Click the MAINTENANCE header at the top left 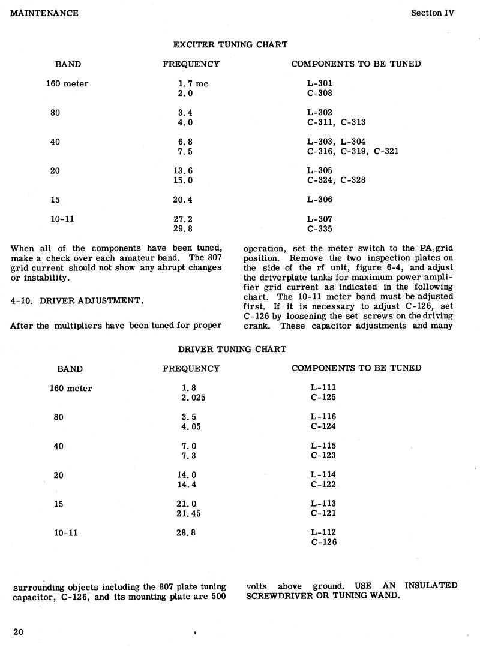pyautogui.click(x=44, y=13)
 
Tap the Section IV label pyautogui.click(x=433, y=13)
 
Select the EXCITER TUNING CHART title pyautogui.click(x=230, y=45)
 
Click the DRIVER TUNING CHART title pyautogui.click(x=232, y=349)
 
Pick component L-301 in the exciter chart pyautogui.click(x=319, y=84)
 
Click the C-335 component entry pyautogui.click(x=320, y=229)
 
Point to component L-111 pyautogui.click(x=323, y=388)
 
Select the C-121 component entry pyautogui.click(x=323, y=513)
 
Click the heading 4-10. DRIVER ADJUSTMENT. pyautogui.click(x=77, y=301)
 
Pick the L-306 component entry pyautogui.click(x=319, y=200)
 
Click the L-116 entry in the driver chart pyautogui.click(x=323, y=417)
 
